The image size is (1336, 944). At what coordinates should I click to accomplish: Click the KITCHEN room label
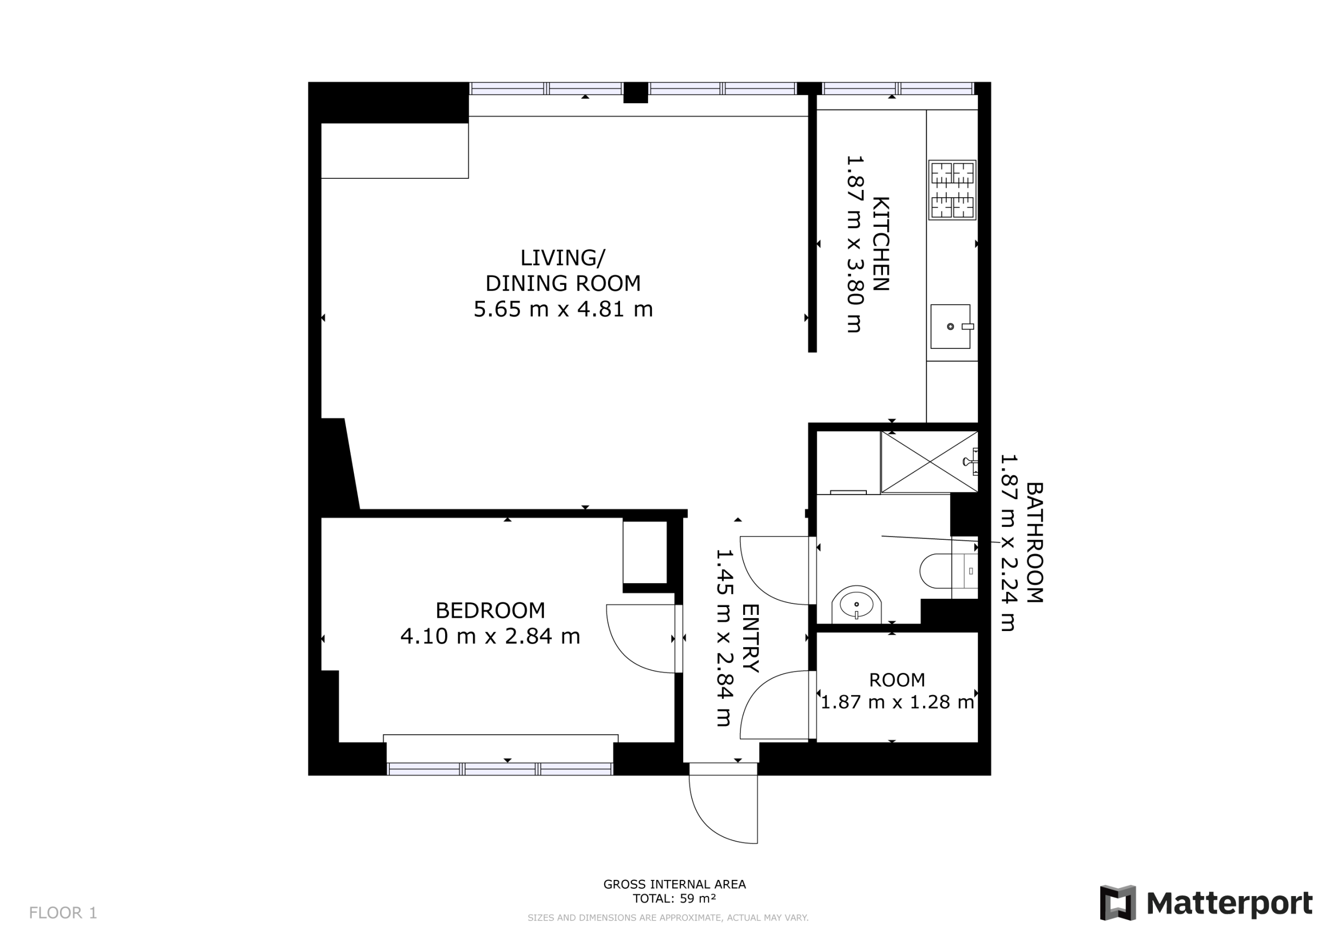[880, 244]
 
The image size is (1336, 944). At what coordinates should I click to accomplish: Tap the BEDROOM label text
[490, 611]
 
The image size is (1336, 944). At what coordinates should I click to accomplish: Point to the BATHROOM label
[1034, 542]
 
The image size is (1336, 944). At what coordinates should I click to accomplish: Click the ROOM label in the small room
[897, 680]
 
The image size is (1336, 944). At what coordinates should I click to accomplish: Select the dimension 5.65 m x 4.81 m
[563, 309]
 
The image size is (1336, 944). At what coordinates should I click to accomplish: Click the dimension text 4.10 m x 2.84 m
[490, 636]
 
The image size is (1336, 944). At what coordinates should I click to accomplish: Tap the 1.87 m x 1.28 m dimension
[897, 702]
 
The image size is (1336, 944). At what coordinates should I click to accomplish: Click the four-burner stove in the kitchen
[952, 190]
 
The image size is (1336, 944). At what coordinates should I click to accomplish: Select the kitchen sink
[951, 326]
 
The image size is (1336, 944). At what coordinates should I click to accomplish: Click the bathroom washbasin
[856, 605]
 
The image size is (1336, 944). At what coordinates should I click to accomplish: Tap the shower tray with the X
[929, 463]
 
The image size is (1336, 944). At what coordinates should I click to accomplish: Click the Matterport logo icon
[1117, 903]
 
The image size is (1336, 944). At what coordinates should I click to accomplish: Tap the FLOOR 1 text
[63, 913]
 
